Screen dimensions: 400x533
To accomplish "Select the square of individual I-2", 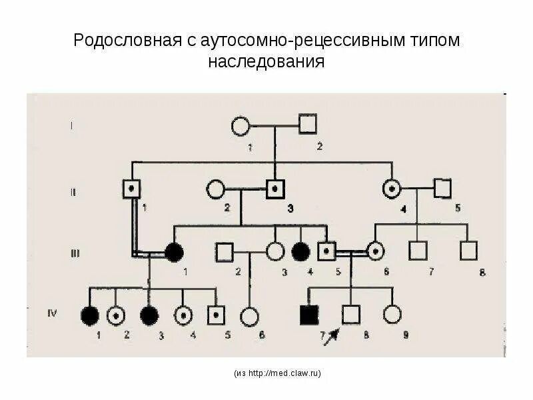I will click(307, 124).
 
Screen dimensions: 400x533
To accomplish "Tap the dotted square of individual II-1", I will click(132, 189).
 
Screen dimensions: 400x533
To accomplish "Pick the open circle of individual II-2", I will click(215, 189).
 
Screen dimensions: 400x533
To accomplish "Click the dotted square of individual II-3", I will click(273, 189).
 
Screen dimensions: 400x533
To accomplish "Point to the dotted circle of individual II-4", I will click(390, 189).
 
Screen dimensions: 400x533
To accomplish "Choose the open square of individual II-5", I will click(442, 189).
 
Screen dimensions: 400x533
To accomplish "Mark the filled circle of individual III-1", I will click(174, 252).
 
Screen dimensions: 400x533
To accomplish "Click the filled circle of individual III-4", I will click(300, 252).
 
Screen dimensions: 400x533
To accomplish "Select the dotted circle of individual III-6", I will click(375, 251).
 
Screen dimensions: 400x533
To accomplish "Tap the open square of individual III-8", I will click(468, 251).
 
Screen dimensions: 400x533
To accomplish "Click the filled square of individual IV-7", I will click(309, 315).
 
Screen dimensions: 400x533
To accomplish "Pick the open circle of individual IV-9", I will click(392, 314).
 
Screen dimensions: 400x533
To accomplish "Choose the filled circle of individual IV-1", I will click(89, 315).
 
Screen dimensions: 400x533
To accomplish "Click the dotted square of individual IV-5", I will click(215, 315).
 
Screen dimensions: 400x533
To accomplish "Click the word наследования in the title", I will click(266, 63).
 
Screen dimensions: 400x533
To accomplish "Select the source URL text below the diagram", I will click(277, 374).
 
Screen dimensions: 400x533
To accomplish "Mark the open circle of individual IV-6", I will click(250, 316).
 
